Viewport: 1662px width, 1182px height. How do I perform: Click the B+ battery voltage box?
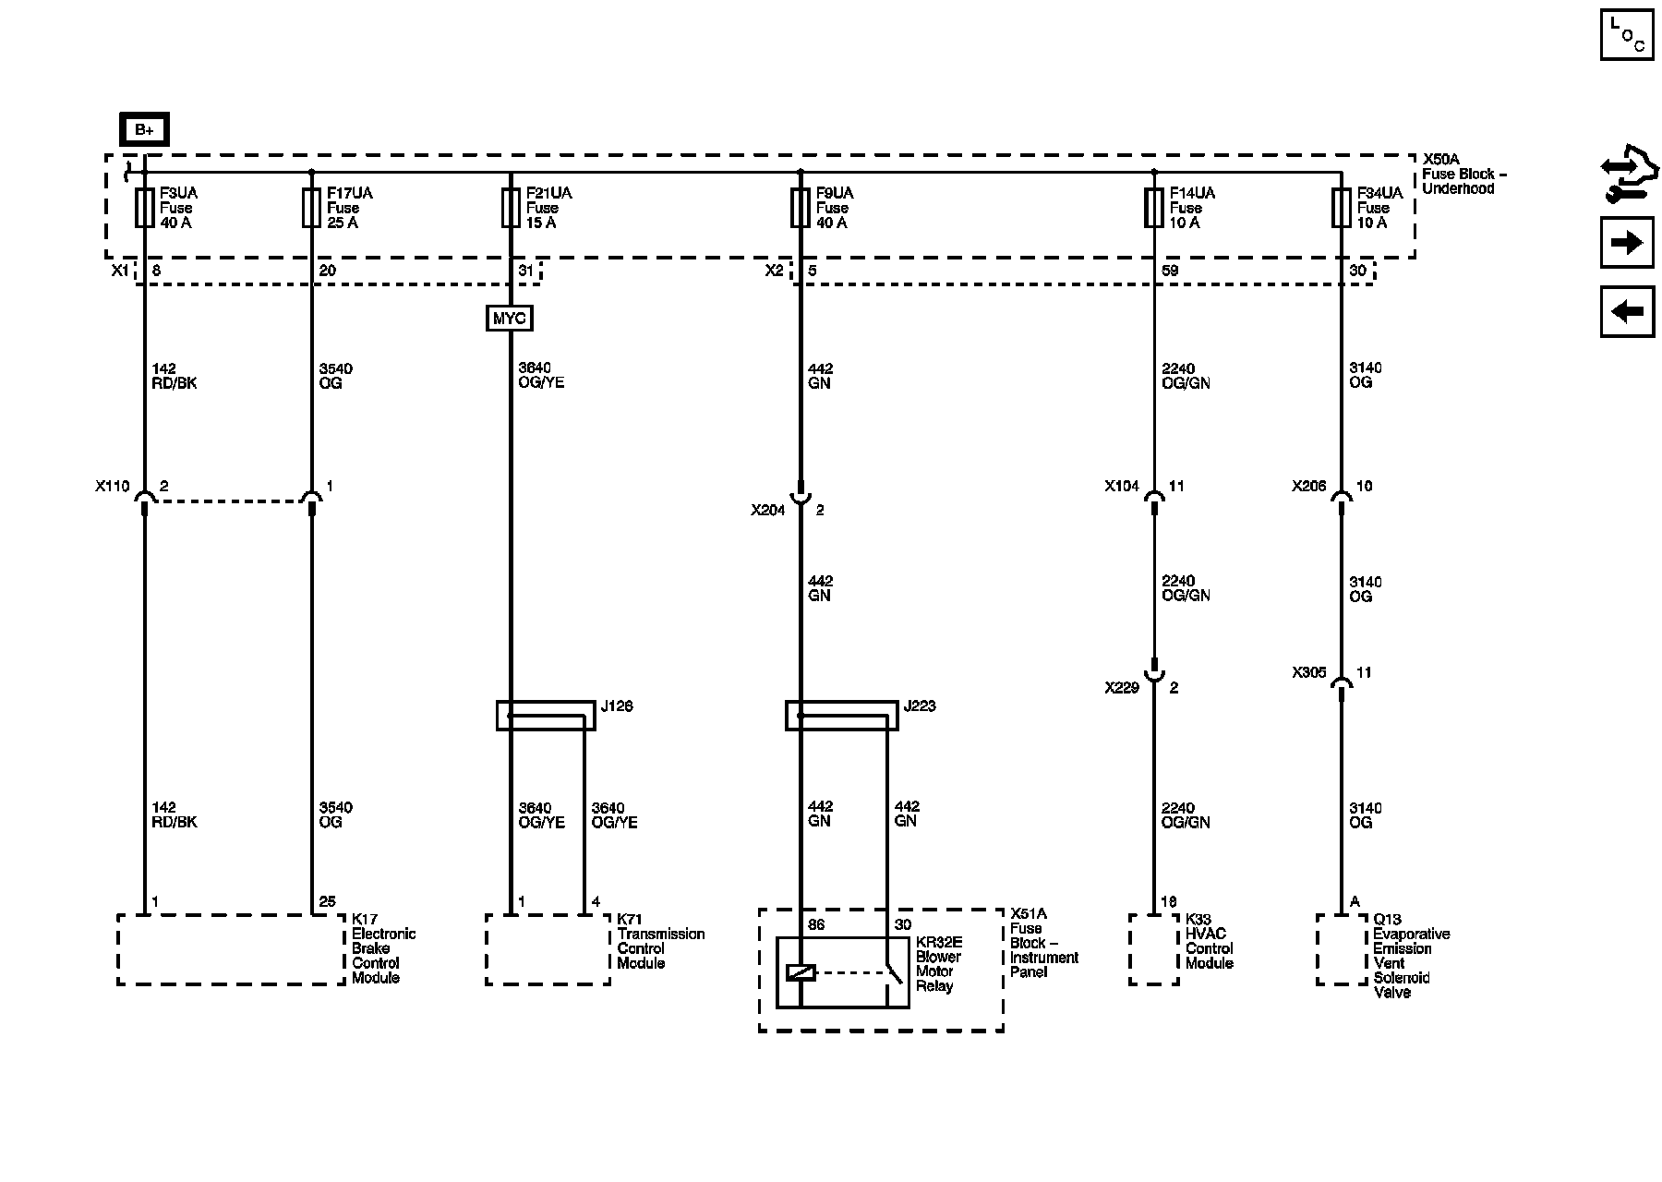(x=144, y=130)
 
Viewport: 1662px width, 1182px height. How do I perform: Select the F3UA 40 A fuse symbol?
(x=145, y=208)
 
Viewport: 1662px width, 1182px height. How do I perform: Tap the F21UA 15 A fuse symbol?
(x=511, y=208)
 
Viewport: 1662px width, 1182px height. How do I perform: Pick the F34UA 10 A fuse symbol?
(x=1342, y=208)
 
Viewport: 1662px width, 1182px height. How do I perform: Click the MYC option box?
(x=510, y=319)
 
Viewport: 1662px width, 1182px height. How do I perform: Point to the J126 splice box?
(x=546, y=716)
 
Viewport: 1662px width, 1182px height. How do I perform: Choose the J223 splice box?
(x=841, y=716)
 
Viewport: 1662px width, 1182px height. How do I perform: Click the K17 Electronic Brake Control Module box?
(x=231, y=949)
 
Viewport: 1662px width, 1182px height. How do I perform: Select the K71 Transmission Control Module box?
(x=548, y=949)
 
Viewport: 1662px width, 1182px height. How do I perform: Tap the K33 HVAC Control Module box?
(x=1154, y=949)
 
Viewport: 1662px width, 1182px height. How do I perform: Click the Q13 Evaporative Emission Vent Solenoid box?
(x=1342, y=949)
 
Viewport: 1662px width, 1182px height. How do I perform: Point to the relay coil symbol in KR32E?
(x=800, y=972)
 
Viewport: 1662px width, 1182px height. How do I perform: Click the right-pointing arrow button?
(x=1627, y=243)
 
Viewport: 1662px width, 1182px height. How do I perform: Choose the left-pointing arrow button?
(x=1627, y=312)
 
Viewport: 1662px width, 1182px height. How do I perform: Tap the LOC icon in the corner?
(x=1627, y=35)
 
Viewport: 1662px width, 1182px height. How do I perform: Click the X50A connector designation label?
(x=1440, y=159)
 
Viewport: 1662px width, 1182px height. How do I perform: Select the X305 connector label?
(x=1309, y=673)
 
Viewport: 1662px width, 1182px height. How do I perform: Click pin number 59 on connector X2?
(x=1170, y=271)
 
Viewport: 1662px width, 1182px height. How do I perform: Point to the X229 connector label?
(x=1122, y=688)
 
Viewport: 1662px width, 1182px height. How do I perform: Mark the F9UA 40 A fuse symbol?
(x=800, y=208)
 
